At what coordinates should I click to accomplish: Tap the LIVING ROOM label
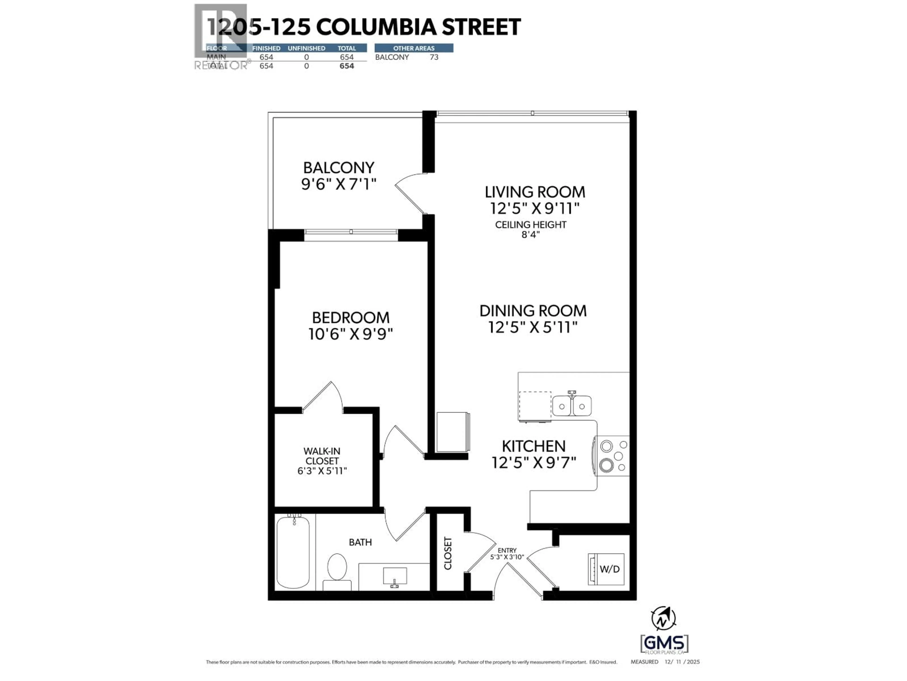click(535, 192)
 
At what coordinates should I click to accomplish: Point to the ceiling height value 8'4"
click(531, 235)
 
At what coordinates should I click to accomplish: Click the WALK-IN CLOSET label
click(322, 456)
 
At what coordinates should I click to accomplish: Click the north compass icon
click(663, 618)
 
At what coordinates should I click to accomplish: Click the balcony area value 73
click(434, 57)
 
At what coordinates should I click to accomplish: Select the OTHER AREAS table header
click(414, 48)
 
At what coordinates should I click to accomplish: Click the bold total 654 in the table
click(347, 66)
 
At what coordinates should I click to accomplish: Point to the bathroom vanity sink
click(394, 576)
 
